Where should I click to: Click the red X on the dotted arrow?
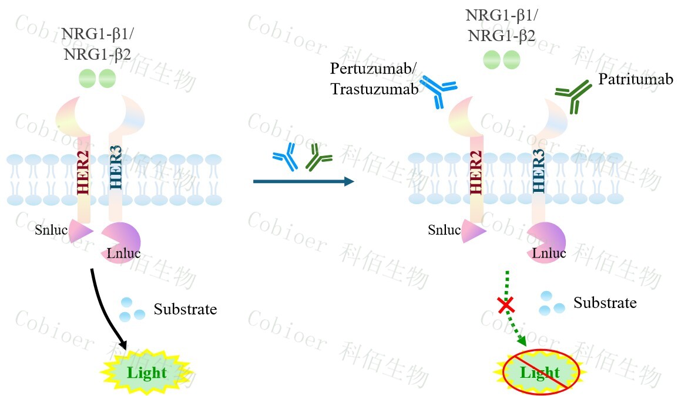(x=506, y=304)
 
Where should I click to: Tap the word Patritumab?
(x=635, y=79)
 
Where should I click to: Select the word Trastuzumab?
(x=374, y=89)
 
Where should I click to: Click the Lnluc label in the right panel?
(x=549, y=253)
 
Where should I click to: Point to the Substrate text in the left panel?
(x=185, y=309)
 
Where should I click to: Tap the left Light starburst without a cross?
(x=147, y=372)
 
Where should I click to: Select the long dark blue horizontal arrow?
(x=303, y=181)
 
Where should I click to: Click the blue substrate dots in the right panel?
(x=547, y=302)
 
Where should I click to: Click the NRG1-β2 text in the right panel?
(x=501, y=35)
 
